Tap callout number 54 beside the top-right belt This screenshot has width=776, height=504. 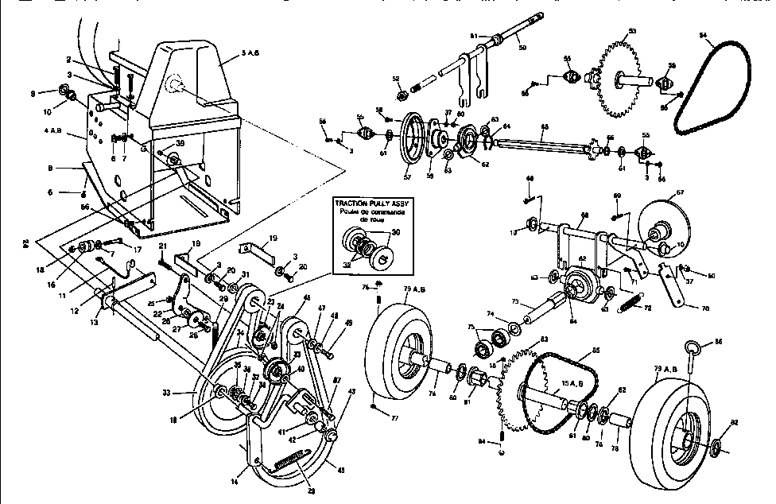point(703,36)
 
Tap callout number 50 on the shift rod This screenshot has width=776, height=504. point(522,48)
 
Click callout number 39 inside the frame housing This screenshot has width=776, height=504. point(180,144)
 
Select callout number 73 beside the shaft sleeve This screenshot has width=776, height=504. point(515,302)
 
